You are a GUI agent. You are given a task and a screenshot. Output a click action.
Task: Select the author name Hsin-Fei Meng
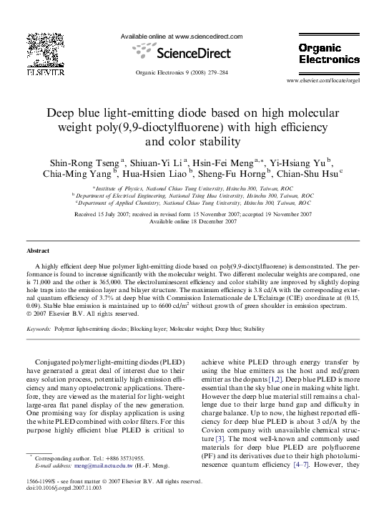point(222,162)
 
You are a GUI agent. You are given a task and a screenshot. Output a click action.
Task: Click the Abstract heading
point(38,251)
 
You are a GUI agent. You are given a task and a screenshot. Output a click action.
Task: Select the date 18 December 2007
point(209,221)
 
